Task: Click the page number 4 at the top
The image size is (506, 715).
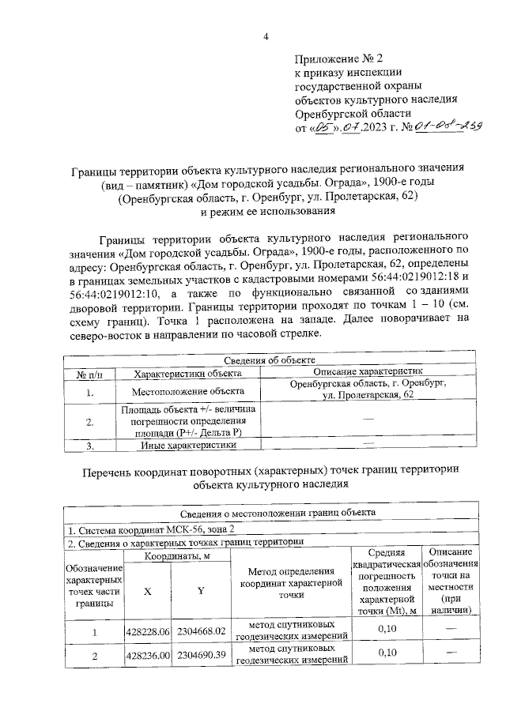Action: point(266,36)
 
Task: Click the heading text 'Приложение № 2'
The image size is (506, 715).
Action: point(338,59)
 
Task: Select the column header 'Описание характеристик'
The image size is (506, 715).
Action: point(368,371)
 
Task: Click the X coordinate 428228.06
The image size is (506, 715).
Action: point(149,631)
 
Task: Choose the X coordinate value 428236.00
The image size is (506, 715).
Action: point(149,656)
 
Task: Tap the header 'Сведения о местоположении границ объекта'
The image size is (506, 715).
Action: point(270,512)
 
